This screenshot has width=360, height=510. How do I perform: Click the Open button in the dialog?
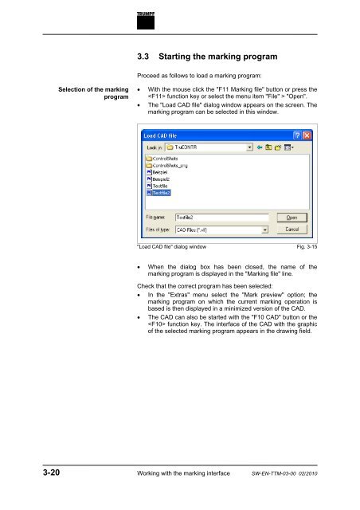[x=292, y=216]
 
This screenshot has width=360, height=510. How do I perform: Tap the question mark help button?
[x=297, y=135]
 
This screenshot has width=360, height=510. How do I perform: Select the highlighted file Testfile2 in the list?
[x=161, y=192]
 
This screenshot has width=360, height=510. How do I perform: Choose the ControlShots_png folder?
[x=171, y=165]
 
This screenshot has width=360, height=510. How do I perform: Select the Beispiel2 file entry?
[x=162, y=178]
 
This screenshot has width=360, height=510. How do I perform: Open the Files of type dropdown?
[x=221, y=229]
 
